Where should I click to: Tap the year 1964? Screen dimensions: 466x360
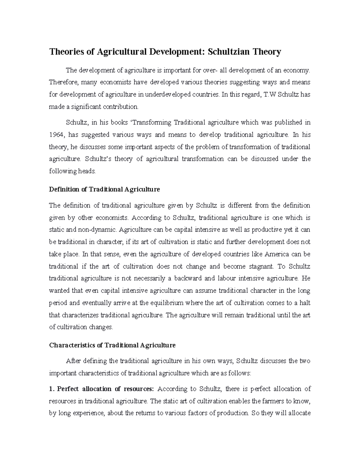(56, 135)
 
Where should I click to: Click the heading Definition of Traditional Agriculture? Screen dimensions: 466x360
(104, 190)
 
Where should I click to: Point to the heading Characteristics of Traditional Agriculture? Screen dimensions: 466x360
(112, 345)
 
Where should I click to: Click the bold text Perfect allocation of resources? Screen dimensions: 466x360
(105, 389)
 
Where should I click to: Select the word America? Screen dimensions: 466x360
(277, 254)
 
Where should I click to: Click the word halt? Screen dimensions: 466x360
(305, 303)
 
